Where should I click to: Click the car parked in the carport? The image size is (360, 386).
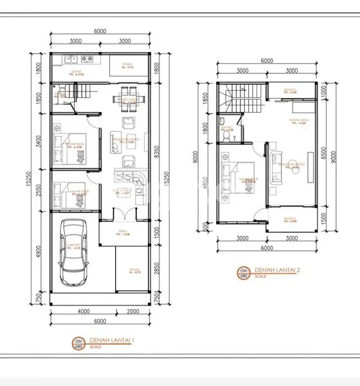[x=75, y=253]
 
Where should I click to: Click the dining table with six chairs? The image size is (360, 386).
[x=126, y=103]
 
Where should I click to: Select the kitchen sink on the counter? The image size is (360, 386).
[x=67, y=62]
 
